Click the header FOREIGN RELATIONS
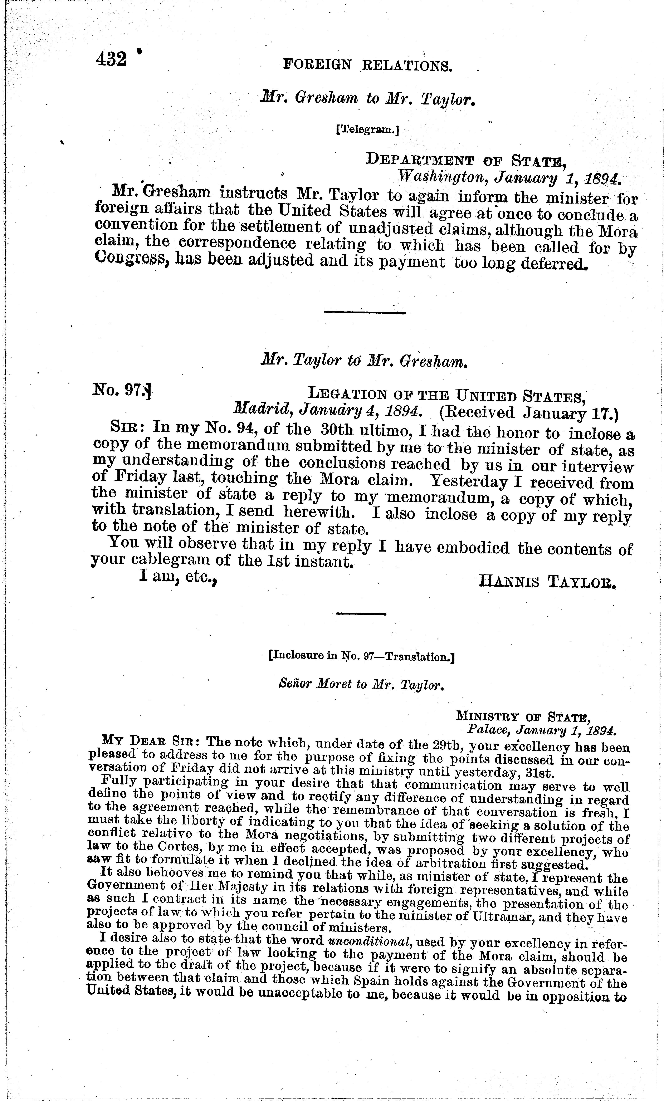tap(368, 66)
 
